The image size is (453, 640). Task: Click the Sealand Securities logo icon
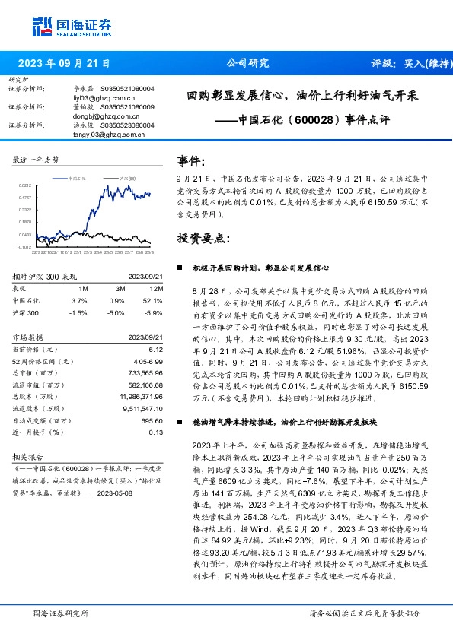[43, 26]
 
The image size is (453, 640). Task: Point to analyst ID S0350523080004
[123, 125]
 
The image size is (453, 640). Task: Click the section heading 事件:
[192, 162]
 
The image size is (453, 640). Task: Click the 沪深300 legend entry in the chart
[125, 177]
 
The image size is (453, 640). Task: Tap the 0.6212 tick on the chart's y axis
[25, 185]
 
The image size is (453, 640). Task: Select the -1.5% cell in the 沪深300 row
[78, 312]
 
